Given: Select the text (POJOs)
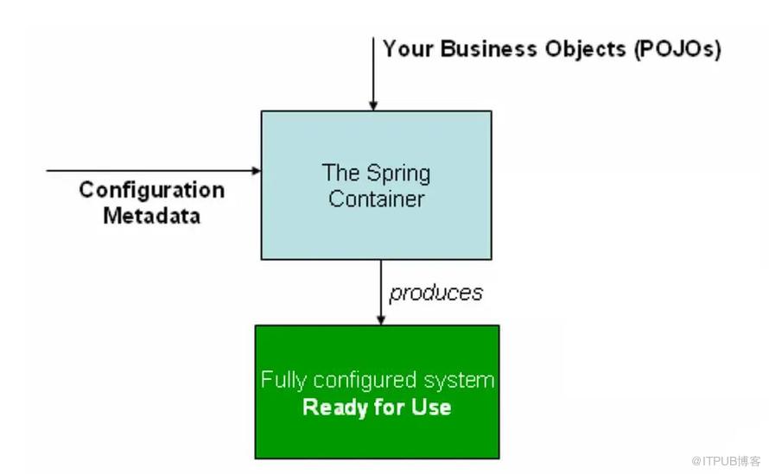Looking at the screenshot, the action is pyautogui.click(x=677, y=50).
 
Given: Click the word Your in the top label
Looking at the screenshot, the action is pyautogui.click(x=408, y=49).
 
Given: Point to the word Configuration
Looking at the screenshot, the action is pyautogui.click(x=152, y=191).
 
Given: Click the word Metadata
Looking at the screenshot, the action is pyautogui.click(x=152, y=216).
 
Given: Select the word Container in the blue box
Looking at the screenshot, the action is pyautogui.click(x=377, y=199).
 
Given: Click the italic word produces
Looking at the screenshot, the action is pyautogui.click(x=436, y=294).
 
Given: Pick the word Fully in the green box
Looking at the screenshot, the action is pyautogui.click(x=283, y=380).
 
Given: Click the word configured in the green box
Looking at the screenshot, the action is pyautogui.click(x=365, y=381).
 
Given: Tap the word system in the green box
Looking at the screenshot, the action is pyautogui.click(x=459, y=381).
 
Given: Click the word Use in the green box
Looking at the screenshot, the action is pyautogui.click(x=431, y=408).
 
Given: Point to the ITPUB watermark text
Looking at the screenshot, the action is pyautogui.click(x=726, y=461).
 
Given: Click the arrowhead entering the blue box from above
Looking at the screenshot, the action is pyautogui.click(x=373, y=105).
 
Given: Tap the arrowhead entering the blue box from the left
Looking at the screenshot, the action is pyautogui.click(x=256, y=171).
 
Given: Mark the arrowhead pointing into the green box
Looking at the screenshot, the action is pyautogui.click(x=381, y=319).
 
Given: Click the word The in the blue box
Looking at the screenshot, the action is pyautogui.click(x=340, y=173).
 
